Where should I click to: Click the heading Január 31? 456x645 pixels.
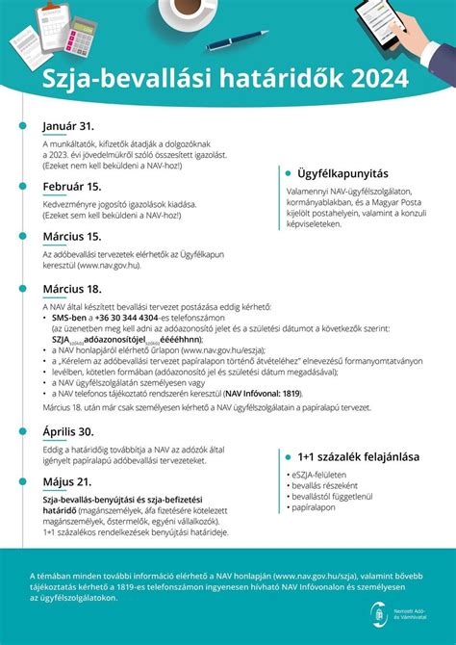point(68,127)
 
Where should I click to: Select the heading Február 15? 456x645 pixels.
point(72,187)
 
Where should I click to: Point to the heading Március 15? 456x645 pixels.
point(72,235)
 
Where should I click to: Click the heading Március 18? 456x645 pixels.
point(72,288)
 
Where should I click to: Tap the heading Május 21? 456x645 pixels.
point(66,481)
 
